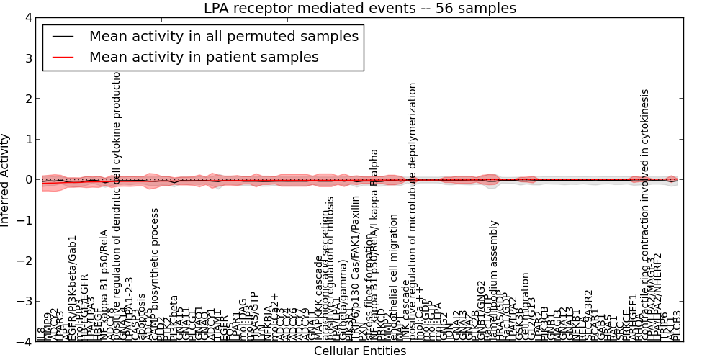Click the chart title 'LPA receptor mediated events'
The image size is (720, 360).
pos(360,9)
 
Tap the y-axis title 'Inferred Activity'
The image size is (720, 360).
pos(6,179)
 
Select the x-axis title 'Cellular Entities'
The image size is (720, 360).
pos(360,351)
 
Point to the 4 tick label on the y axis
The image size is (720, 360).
pos(27,17)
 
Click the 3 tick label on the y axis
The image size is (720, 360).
pos(27,58)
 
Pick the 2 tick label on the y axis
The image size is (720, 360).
pos(27,99)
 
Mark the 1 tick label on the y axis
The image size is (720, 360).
pos(27,139)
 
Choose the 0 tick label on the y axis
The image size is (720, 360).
pos(27,179)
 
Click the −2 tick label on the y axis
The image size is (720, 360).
pos(24,261)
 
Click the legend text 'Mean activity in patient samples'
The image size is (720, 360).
pos(204,57)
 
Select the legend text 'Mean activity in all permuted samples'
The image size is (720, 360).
pos(224,36)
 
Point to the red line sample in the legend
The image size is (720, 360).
pos(63,57)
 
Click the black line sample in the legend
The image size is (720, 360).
pos(63,36)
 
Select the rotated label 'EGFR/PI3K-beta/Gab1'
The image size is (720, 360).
pos(72,288)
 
